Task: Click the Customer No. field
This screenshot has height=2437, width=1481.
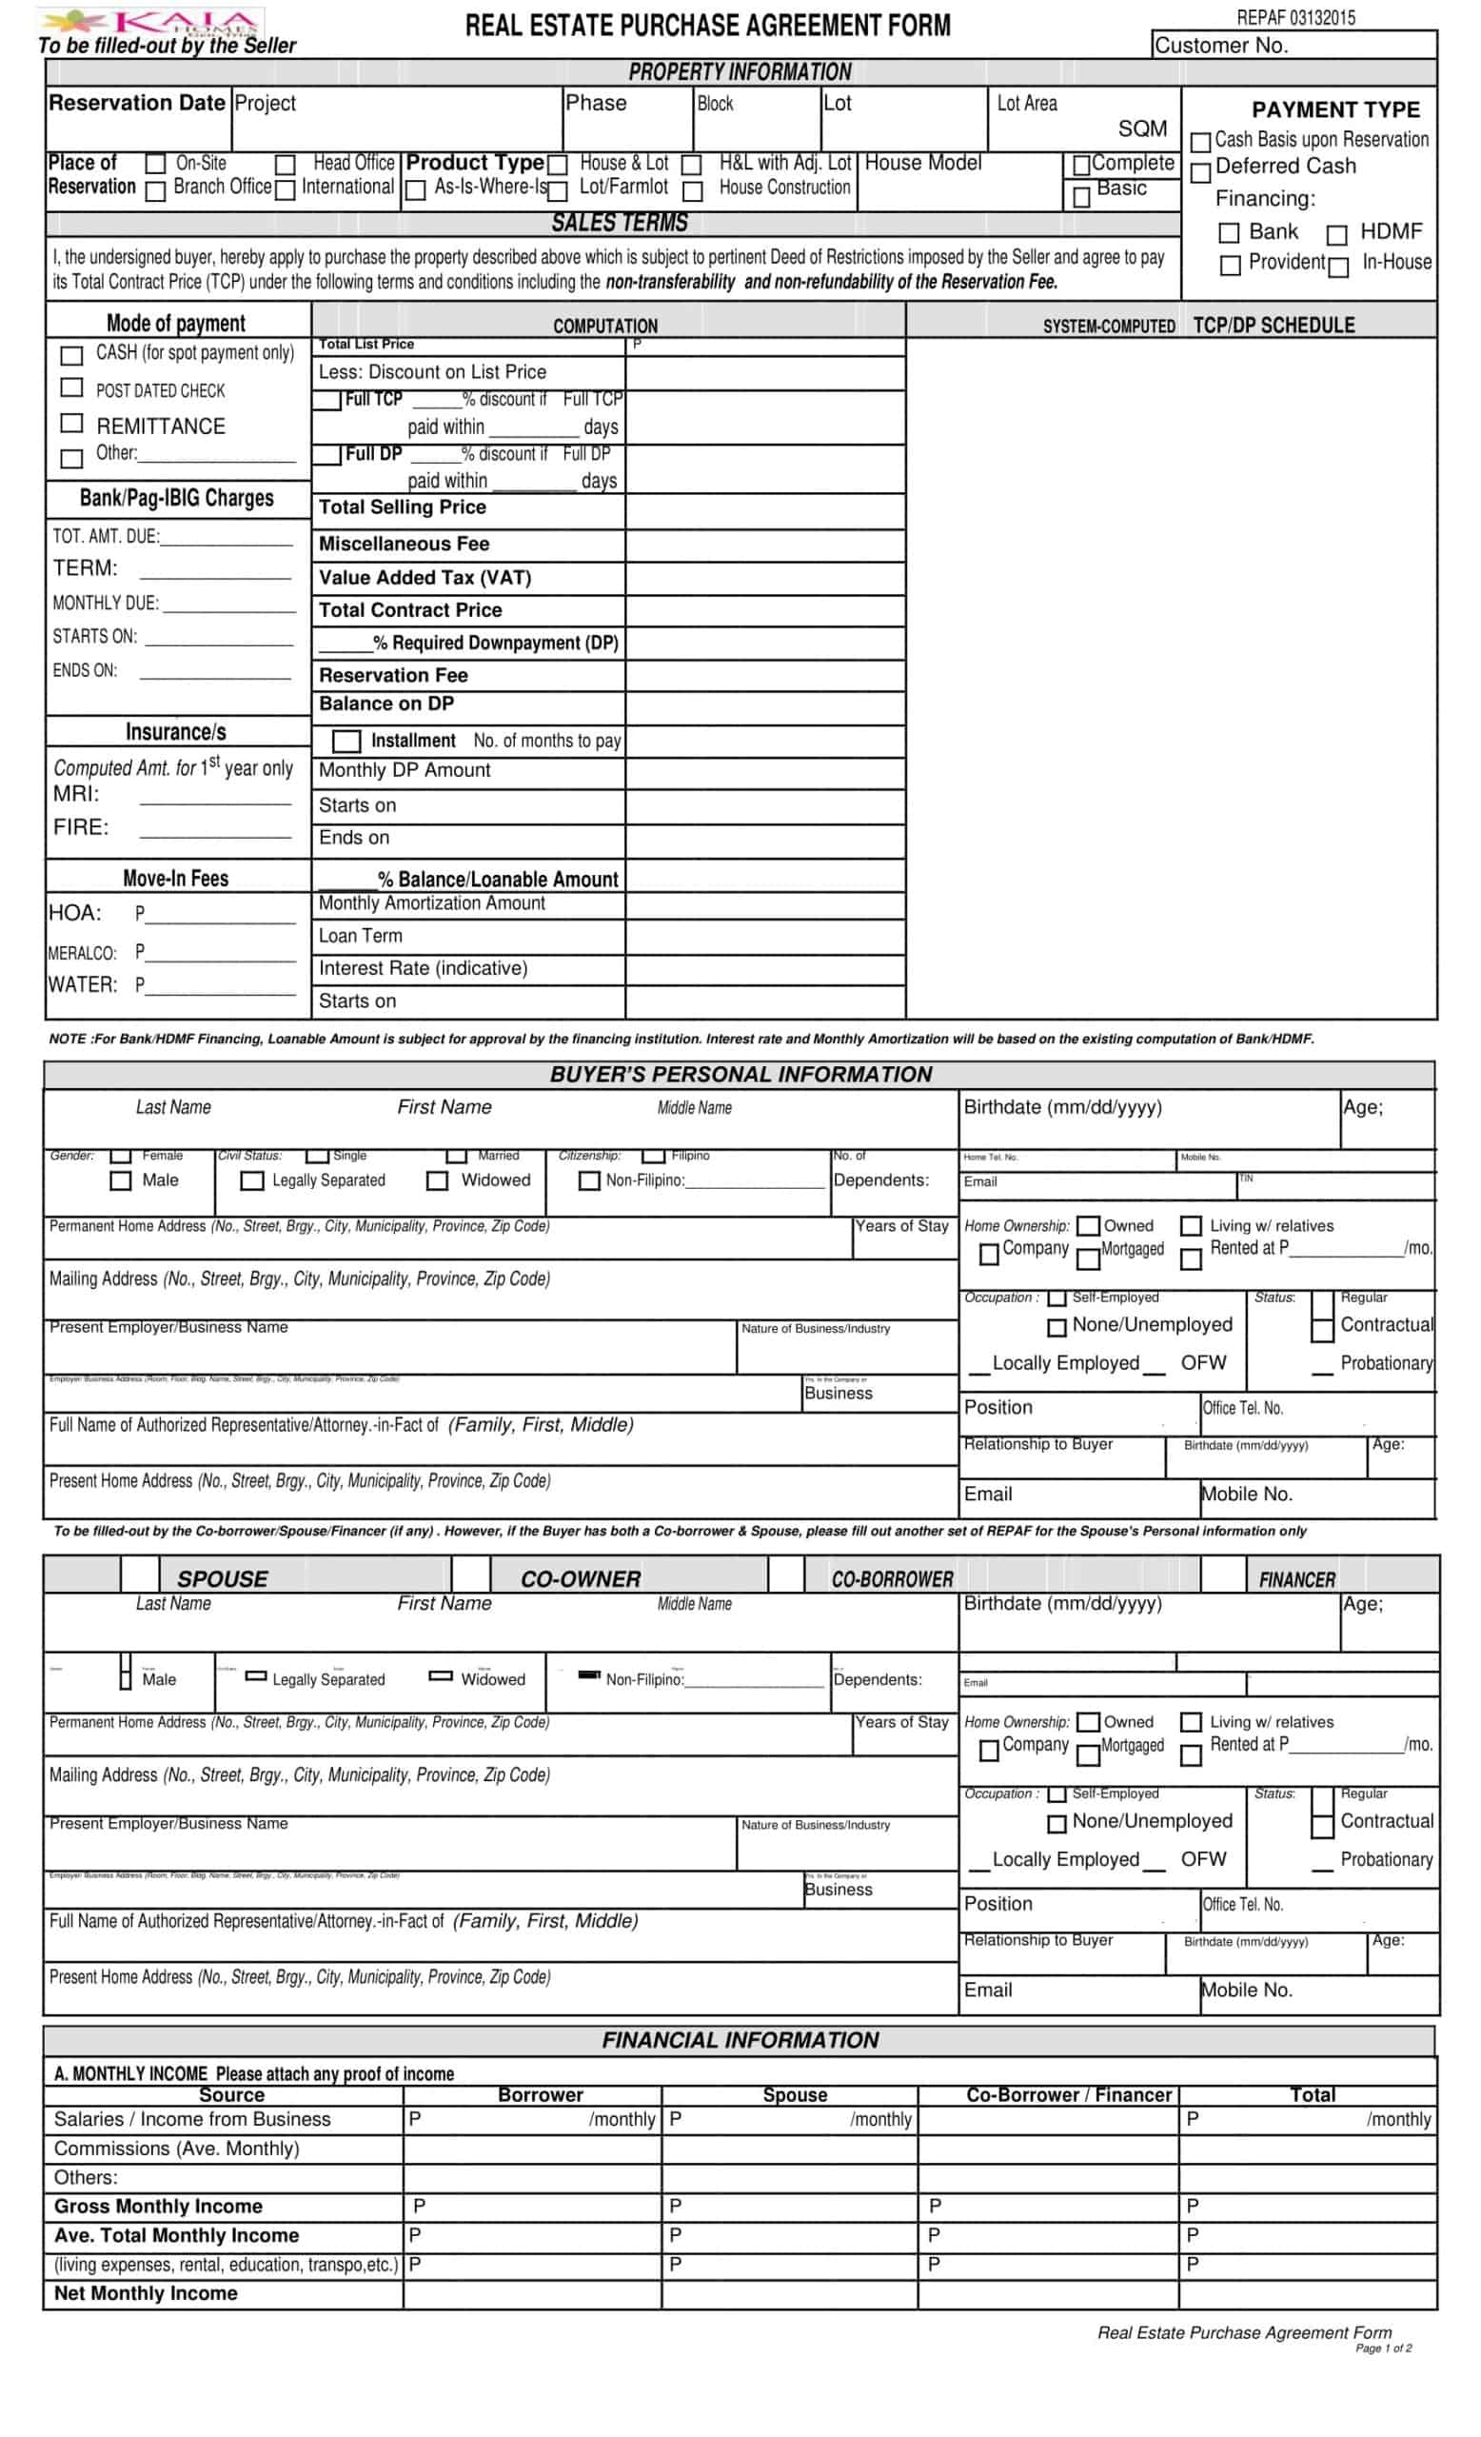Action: [x=1293, y=46]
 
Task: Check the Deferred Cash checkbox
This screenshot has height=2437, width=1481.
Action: [x=1200, y=173]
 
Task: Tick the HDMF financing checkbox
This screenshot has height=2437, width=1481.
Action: [x=1335, y=235]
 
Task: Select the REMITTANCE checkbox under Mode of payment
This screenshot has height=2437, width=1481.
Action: [x=71, y=424]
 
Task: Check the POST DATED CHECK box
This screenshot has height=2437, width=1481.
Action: [x=71, y=386]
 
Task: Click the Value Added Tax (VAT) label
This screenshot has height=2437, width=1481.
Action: [x=425, y=578]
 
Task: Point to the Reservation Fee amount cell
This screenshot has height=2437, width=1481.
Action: [x=764, y=676]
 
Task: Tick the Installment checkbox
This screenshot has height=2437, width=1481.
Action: [x=346, y=741]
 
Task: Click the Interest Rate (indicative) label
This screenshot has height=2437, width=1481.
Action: [x=423, y=968]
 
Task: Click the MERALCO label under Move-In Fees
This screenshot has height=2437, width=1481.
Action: [x=82, y=954]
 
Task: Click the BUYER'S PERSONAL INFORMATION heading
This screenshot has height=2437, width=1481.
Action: [x=740, y=1074]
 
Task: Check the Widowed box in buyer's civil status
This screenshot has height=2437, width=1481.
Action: [x=437, y=1181]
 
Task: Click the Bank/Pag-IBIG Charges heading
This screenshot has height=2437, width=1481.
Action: [x=176, y=499]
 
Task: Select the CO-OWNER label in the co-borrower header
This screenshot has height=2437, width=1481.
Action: [x=581, y=1578]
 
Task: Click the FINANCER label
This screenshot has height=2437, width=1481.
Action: [x=1296, y=1579]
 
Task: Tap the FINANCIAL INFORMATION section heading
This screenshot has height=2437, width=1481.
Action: [x=740, y=2039]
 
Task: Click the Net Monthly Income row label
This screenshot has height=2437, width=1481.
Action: [x=146, y=2292]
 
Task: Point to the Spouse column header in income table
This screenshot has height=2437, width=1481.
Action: [x=794, y=2095]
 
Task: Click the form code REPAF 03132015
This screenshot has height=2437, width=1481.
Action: [x=1295, y=18]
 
